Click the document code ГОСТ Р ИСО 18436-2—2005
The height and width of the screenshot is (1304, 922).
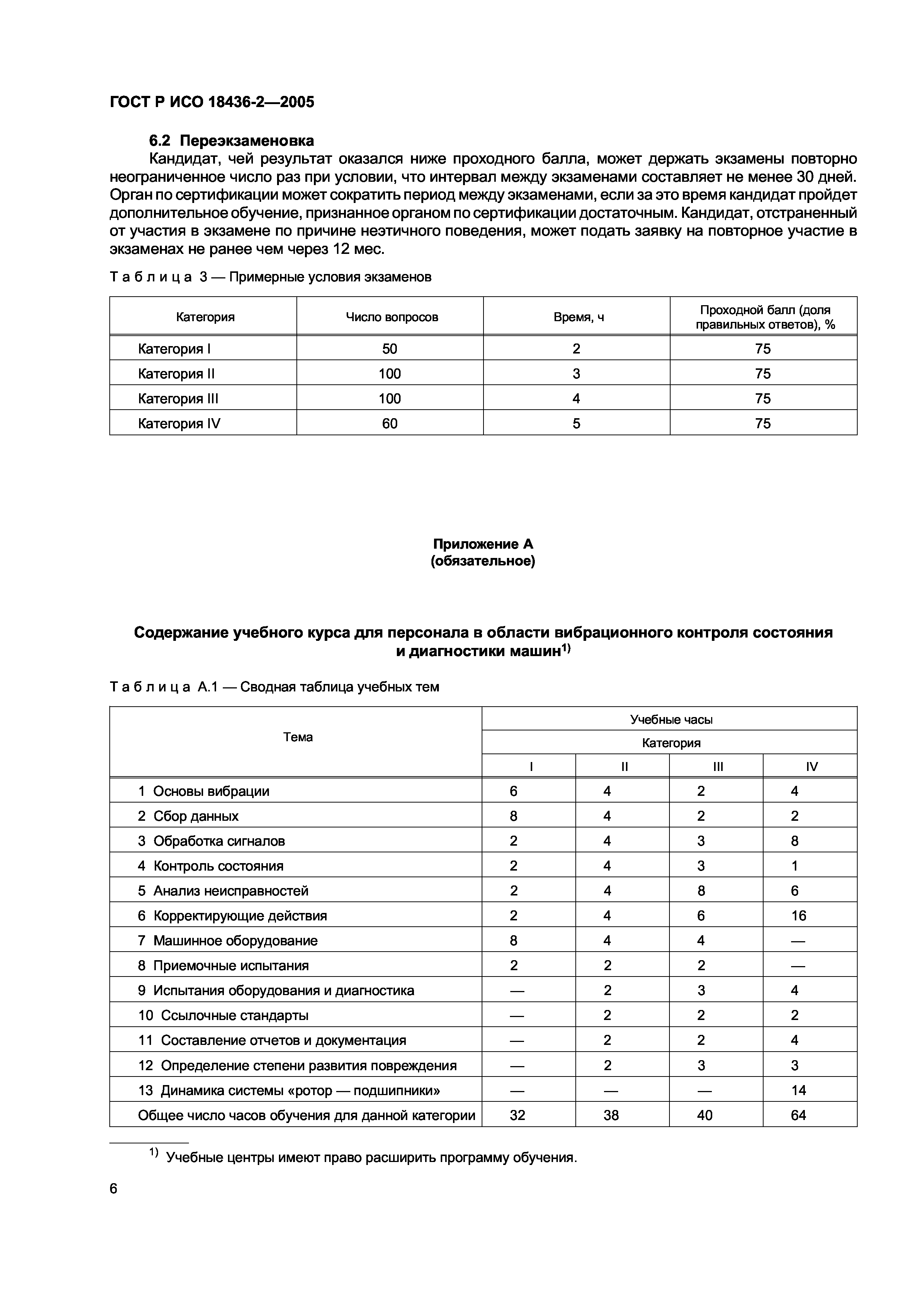coord(211,102)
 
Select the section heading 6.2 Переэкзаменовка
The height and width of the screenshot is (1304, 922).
coord(231,140)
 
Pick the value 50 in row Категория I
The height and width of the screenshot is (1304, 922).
coord(390,349)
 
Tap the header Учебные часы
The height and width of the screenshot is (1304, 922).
coord(671,720)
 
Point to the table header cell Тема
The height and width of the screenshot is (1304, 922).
coord(298,737)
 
